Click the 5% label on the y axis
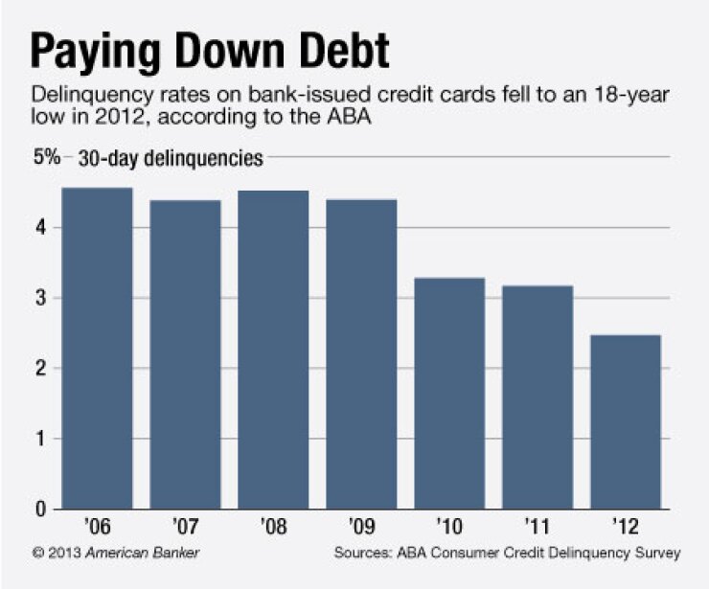tap(47, 157)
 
